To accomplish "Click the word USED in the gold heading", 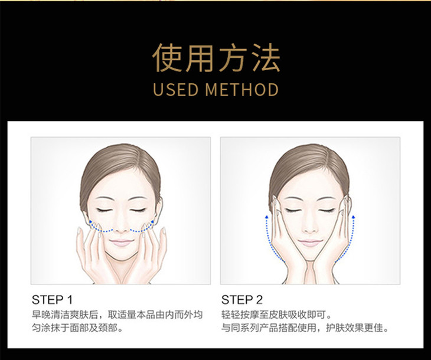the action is [175, 89].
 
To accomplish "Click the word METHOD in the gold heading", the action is [242, 89].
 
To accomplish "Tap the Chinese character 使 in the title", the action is [167, 58].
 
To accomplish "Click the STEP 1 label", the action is [52, 300].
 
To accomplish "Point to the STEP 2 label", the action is [242, 300].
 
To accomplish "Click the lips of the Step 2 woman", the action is [310, 243].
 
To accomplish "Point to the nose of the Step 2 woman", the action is [310, 228].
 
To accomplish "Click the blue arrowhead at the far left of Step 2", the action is [266, 217].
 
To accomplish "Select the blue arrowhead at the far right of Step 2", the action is [353, 217].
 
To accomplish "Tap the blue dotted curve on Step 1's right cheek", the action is [142, 228].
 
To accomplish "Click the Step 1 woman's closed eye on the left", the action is [105, 211].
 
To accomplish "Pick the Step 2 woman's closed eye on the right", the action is [326, 211].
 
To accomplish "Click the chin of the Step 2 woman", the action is [310, 257].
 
